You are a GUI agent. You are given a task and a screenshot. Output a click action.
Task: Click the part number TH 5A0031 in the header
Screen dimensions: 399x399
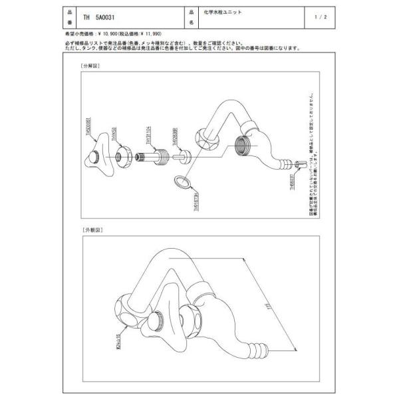point(101,18)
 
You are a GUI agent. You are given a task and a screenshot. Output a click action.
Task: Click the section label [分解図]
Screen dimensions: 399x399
point(89,67)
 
